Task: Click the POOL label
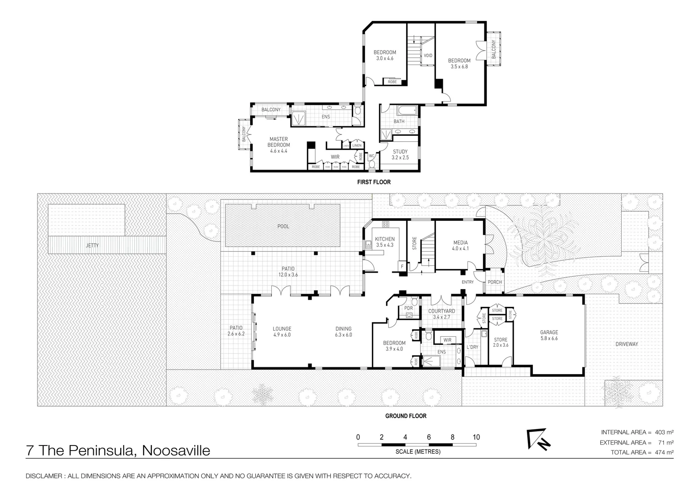coord(283,226)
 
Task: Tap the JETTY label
coord(92,246)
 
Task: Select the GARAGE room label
coord(549,333)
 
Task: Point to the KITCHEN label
coord(385,239)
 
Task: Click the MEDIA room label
coord(460,243)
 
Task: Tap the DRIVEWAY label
coord(626,344)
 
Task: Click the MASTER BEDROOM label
coord(279,139)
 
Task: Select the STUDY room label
coord(400,152)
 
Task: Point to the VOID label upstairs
coord(428,56)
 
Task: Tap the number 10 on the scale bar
coord(476,437)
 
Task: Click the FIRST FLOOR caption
coord(374,182)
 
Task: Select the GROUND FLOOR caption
coord(405,416)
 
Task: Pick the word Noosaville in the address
coord(176,451)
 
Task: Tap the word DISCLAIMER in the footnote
coord(44,476)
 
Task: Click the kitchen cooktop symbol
coord(385,224)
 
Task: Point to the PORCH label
coord(495,282)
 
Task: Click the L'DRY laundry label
coord(472,347)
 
